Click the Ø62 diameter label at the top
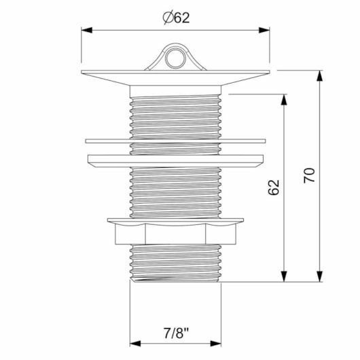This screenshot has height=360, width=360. pos(176,18)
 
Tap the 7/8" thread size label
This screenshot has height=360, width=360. pos(176,333)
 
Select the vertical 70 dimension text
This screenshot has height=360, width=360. pos(309,175)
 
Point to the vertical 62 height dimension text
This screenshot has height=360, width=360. pos(274,187)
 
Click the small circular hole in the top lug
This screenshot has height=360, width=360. pos(175,58)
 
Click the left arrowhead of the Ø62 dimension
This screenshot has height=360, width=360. pos(87,30)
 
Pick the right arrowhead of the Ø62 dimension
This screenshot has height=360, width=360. pos(264,30)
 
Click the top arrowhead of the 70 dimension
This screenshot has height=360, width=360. pos(319,76)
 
